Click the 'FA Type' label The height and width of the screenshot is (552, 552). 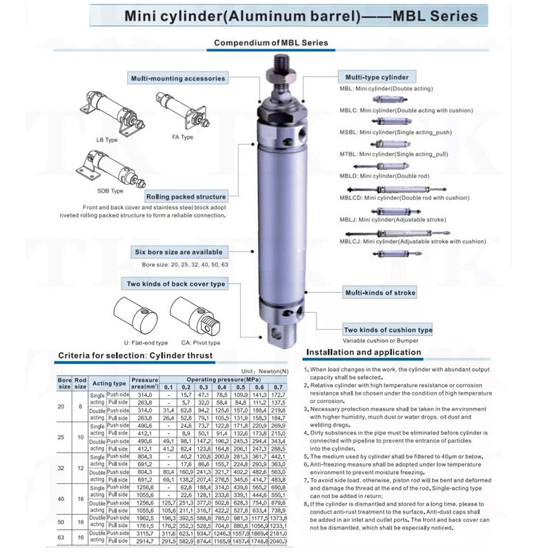click(182, 137)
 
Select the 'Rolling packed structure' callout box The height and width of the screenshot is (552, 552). click(181, 197)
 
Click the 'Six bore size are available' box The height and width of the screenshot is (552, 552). click(178, 252)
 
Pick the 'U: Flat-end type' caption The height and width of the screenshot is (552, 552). click(146, 342)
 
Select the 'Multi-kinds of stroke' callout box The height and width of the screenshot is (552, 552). click(380, 293)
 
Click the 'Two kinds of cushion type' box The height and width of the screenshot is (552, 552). click(388, 330)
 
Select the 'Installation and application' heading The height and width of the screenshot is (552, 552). click(364, 352)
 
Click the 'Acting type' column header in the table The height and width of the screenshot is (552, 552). click(110, 384)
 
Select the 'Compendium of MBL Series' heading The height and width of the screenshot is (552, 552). click(270, 43)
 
